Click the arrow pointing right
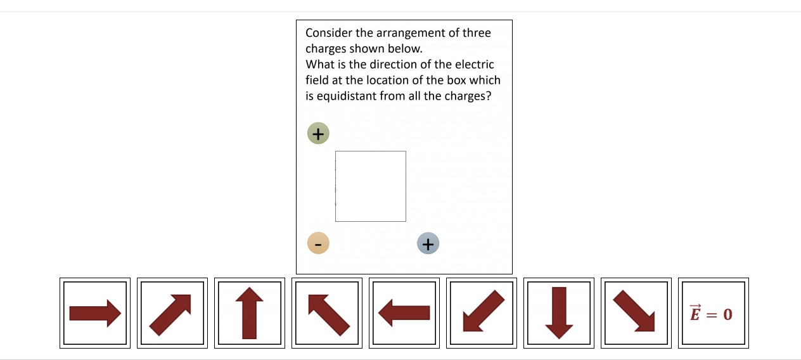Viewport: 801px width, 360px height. (95, 313)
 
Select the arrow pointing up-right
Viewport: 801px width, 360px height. (172, 313)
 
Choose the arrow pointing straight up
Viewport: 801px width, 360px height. (250, 313)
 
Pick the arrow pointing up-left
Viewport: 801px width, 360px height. (327, 313)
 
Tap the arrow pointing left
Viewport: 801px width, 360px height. (404, 313)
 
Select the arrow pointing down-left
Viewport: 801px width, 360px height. (482, 313)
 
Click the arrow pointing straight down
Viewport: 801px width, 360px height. (559, 313)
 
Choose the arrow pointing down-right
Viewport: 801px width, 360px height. (636, 313)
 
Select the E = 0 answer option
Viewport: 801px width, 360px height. (713, 313)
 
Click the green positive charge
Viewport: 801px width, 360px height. (318, 134)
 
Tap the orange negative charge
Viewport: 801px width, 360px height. (318, 243)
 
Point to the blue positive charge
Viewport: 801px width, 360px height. (428, 243)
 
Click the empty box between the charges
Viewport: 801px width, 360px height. (371, 186)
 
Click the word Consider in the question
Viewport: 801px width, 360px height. (329, 33)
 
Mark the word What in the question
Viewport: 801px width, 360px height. (318, 65)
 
